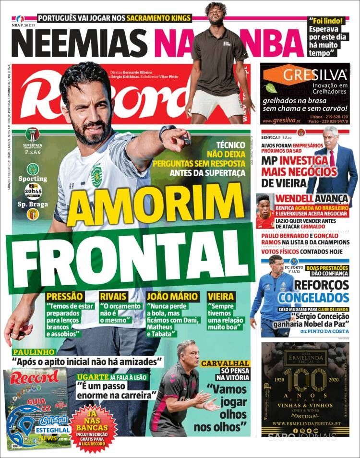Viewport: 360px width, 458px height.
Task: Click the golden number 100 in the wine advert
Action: point(310,381)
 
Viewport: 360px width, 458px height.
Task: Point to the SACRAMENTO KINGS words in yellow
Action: point(158,18)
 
